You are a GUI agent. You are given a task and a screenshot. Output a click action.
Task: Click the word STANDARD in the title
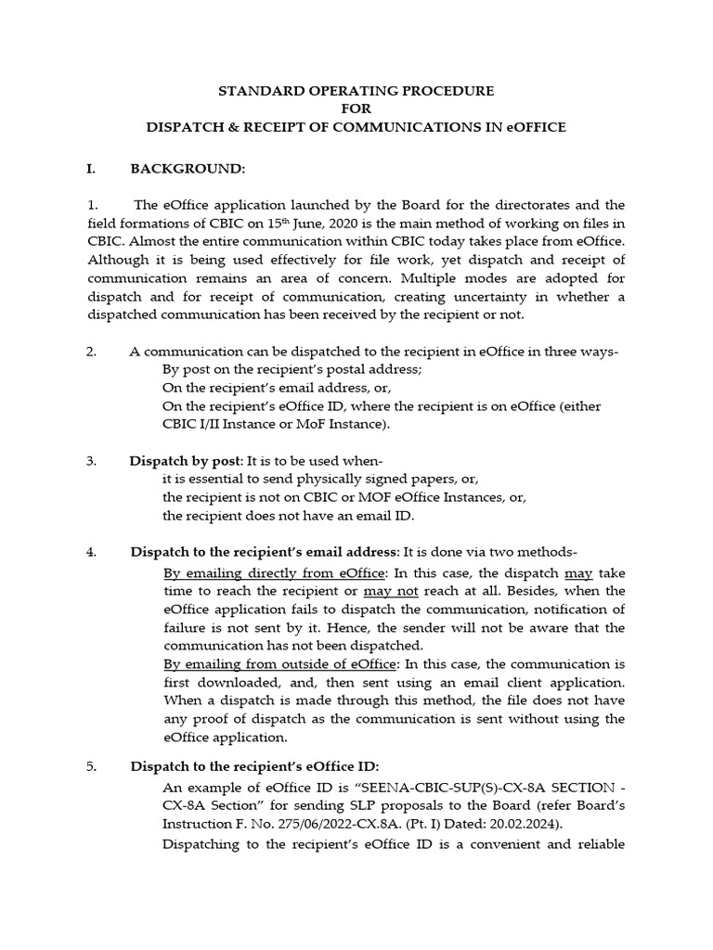point(254,91)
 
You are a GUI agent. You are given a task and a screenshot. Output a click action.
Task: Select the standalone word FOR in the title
point(356,109)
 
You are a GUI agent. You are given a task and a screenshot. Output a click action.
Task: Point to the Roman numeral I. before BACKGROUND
point(91,170)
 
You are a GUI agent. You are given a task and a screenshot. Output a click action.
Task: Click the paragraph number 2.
point(91,352)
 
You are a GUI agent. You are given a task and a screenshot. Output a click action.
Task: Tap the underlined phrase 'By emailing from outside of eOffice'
point(279,663)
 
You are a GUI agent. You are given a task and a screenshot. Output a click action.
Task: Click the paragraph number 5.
point(91,765)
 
